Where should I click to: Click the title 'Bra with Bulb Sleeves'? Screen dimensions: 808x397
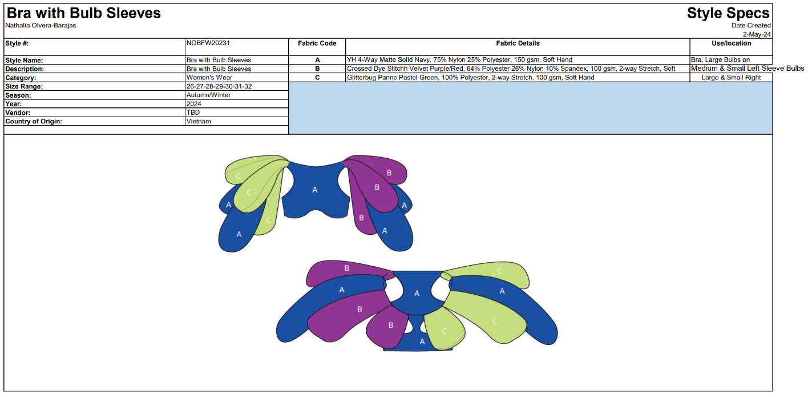84,13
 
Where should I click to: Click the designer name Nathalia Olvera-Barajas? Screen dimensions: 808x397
41,25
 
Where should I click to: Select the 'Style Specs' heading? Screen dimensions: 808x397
728,13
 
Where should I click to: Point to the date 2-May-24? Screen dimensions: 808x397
757,34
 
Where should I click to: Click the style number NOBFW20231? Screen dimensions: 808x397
208,43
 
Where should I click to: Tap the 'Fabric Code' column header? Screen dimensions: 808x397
317,43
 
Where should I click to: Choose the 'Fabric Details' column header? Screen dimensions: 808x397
518,43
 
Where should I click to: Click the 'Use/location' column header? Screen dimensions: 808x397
731,43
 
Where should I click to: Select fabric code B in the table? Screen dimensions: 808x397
317,69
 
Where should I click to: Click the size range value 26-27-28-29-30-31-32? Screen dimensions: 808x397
219,86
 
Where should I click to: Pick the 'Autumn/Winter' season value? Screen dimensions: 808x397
208,95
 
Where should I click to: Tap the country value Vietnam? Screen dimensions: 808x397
199,121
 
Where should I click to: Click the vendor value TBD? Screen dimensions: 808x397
193,113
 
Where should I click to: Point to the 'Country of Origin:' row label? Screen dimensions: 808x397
34,121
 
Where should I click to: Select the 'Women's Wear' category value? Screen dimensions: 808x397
209,77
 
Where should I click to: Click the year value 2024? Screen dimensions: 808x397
193,103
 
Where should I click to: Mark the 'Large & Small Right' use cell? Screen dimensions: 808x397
731,77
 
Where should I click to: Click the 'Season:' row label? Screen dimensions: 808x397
18,95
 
